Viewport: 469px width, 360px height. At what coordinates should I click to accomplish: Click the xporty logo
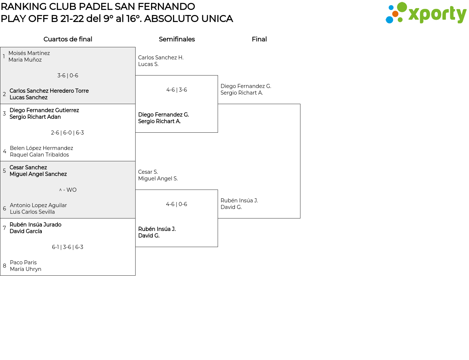(426, 13)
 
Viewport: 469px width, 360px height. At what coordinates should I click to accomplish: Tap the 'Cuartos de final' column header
(68, 39)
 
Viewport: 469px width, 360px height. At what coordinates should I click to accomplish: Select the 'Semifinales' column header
(177, 39)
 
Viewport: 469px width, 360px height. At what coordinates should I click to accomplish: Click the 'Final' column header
(259, 39)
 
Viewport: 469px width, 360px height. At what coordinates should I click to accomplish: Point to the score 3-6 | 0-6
(68, 76)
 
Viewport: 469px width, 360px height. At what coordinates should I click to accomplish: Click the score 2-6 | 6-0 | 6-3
(67, 133)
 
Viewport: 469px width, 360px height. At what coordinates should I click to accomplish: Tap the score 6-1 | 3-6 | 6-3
(67, 247)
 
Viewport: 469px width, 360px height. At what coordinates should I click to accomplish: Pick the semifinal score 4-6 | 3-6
(177, 90)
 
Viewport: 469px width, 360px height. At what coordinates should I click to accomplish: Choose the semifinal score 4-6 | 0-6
(177, 204)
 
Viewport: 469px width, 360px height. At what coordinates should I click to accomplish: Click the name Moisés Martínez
(29, 53)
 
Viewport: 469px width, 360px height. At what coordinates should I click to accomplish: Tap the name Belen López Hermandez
(41, 148)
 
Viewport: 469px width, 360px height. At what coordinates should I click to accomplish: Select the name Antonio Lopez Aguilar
(38, 205)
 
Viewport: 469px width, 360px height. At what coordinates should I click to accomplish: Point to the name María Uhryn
(26, 269)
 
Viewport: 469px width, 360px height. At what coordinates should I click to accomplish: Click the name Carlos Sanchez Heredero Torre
(49, 91)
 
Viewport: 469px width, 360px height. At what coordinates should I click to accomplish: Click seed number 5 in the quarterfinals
(4, 171)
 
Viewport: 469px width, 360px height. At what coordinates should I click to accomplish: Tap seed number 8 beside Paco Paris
(4, 266)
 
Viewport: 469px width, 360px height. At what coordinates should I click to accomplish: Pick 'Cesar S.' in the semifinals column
(148, 172)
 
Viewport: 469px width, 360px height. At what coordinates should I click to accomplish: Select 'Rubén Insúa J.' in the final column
(239, 201)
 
